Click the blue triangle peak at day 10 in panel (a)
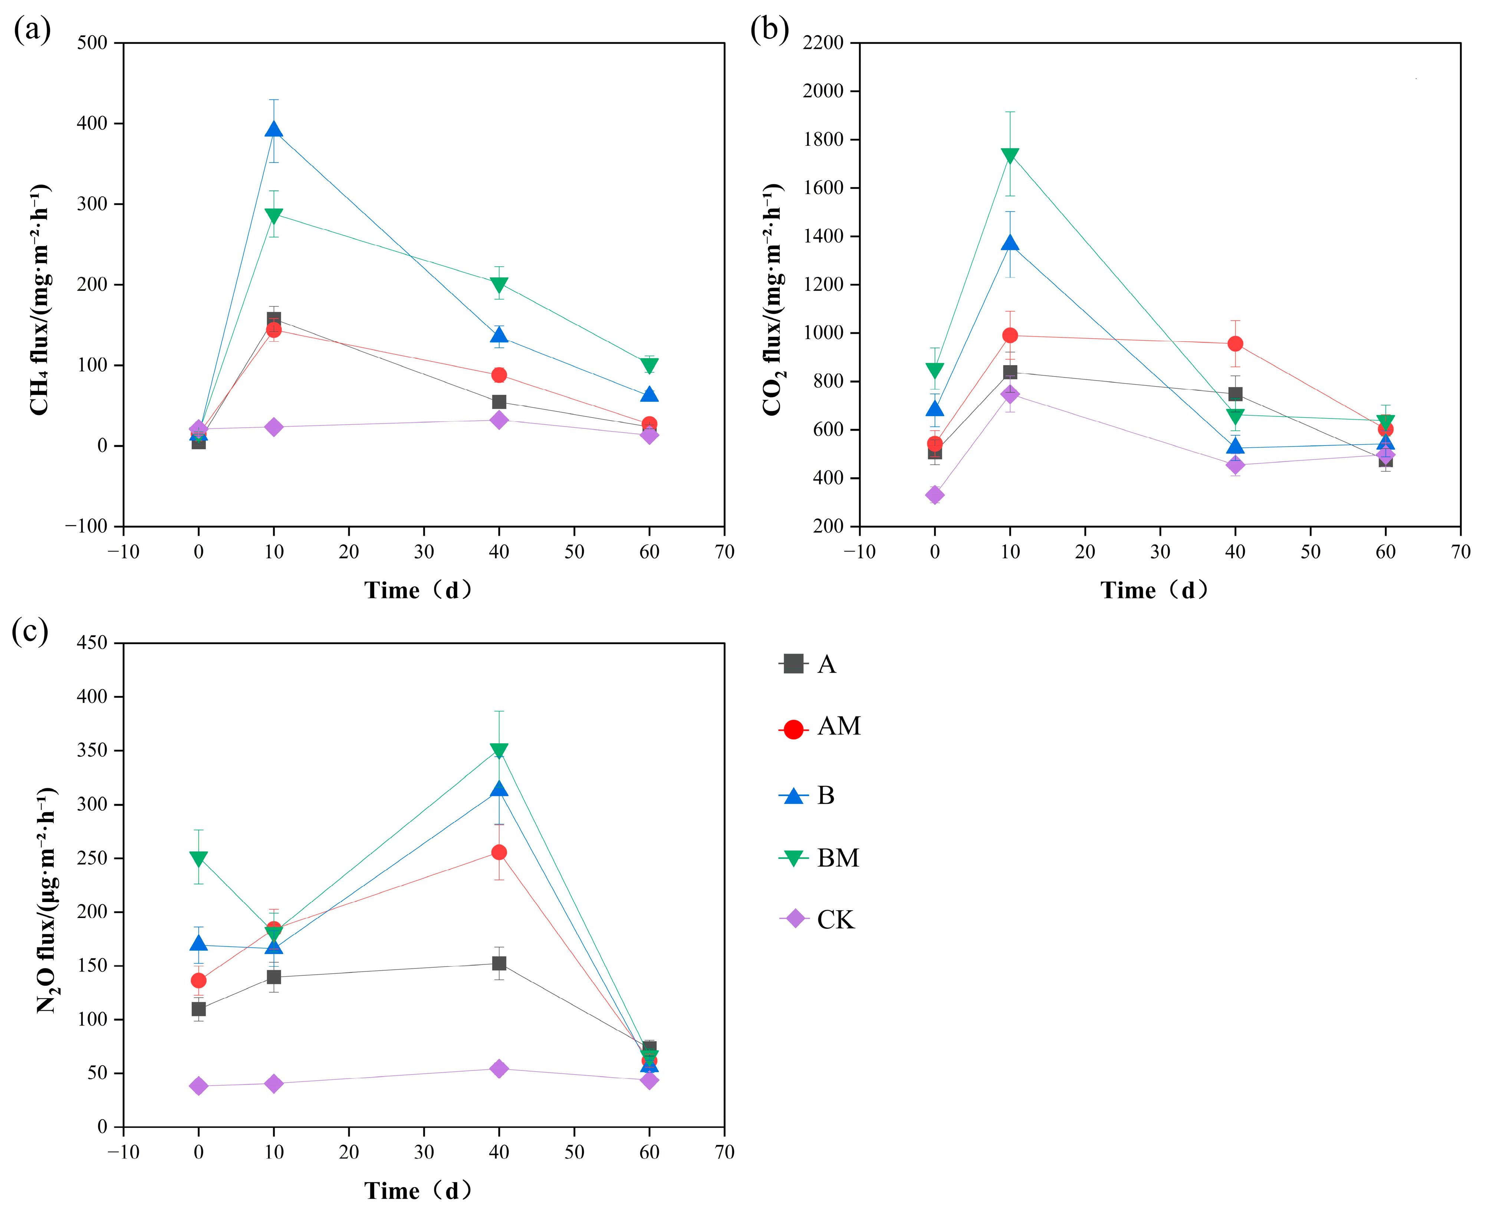(273, 130)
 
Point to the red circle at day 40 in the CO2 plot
(1235, 343)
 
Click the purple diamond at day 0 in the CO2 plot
(934, 495)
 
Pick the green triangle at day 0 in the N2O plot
(198, 858)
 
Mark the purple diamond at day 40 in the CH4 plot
(499, 420)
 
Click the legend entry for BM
(819, 857)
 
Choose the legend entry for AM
(819, 727)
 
